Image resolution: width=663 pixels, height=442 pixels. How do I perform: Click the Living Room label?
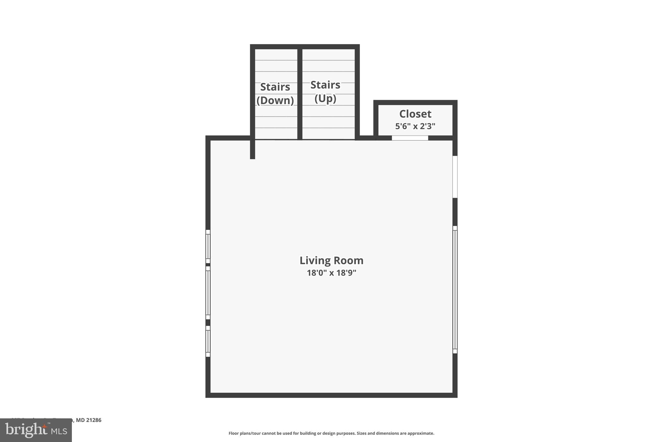(331, 260)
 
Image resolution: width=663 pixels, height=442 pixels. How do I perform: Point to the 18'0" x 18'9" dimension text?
(331, 273)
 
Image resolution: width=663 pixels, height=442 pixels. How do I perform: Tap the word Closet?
(415, 114)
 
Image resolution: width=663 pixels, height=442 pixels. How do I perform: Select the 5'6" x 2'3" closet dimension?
(415, 126)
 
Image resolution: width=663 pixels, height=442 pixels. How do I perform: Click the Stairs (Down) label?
(275, 93)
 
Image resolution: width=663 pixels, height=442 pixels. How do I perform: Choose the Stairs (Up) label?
(325, 91)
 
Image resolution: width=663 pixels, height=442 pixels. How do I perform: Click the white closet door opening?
(410, 138)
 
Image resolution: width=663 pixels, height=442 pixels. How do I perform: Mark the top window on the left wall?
(208, 246)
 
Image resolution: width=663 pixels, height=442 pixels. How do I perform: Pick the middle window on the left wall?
(208, 293)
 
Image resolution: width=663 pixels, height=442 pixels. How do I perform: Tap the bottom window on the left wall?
(208, 341)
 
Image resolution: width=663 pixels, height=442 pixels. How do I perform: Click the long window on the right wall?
(455, 289)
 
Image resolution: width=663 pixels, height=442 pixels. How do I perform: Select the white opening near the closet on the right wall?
(455, 177)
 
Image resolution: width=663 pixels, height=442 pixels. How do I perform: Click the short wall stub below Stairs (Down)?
(253, 149)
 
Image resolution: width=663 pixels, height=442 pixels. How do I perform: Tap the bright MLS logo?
(36, 430)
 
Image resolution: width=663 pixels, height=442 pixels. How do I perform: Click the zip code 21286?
(93, 420)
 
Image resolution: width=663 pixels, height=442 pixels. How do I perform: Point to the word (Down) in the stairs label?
(275, 100)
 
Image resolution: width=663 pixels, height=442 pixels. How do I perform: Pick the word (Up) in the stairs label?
(325, 98)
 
